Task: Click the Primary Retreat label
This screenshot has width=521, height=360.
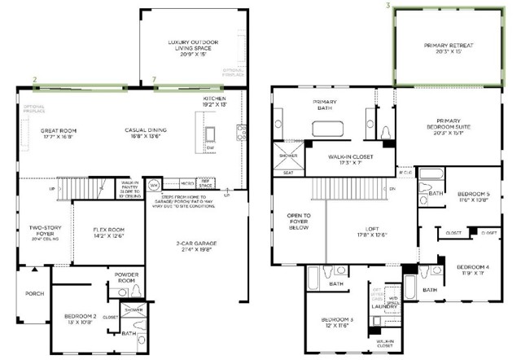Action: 447,47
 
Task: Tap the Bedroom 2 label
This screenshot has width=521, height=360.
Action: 81,318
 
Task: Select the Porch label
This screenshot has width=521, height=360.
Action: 34,294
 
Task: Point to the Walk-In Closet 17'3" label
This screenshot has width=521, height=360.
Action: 350,160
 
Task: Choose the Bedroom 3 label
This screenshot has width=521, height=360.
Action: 336,322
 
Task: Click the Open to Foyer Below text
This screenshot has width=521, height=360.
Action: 298,222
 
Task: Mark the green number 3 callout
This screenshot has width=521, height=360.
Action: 387,6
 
